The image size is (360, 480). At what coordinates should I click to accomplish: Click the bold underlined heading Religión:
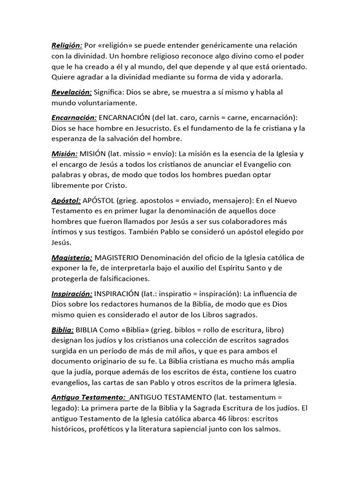(67, 45)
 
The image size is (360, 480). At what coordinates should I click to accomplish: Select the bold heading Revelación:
(72, 92)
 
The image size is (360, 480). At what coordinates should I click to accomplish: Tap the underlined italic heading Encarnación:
(74, 118)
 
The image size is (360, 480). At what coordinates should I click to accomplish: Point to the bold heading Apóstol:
(66, 201)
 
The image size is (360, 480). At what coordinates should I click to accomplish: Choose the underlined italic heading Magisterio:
(72, 258)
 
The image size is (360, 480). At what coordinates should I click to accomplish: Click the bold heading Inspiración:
(72, 294)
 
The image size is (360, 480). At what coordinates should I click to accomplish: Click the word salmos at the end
(267, 428)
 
